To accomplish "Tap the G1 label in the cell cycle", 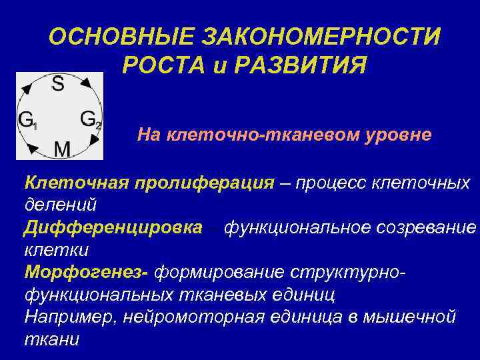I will tap(27, 121).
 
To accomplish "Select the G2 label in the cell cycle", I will tap(91, 119).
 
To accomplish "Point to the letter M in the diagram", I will tap(62, 149).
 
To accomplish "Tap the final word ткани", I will tap(51, 338).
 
